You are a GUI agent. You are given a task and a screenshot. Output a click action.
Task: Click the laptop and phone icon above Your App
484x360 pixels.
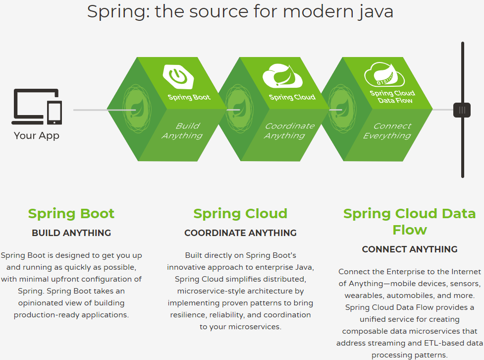[38, 107]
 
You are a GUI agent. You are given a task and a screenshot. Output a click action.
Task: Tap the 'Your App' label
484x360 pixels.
[37, 135]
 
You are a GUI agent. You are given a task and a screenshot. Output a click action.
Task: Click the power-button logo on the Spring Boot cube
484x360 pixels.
[178, 76]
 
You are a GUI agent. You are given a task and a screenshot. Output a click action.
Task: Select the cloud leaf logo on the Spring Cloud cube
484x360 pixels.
[282, 76]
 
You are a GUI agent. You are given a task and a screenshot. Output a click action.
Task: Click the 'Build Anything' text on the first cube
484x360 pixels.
[182, 131]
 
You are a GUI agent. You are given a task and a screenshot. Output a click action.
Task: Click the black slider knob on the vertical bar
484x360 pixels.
[462, 110]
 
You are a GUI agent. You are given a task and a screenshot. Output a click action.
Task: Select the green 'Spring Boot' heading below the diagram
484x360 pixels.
[71, 214]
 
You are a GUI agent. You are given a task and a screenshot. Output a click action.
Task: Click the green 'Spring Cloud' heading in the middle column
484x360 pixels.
[240, 214]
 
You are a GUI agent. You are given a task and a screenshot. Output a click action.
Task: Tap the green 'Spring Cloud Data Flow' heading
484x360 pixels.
[409, 222]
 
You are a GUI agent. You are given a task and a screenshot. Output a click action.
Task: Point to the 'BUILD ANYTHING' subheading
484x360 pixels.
[71, 233]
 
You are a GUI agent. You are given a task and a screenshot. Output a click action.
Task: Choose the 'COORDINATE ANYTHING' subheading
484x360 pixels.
[240, 233]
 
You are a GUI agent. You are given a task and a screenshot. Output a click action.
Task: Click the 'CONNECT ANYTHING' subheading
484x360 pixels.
[409, 249]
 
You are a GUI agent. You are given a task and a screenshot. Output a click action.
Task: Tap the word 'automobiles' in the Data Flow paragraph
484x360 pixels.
[398, 296]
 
